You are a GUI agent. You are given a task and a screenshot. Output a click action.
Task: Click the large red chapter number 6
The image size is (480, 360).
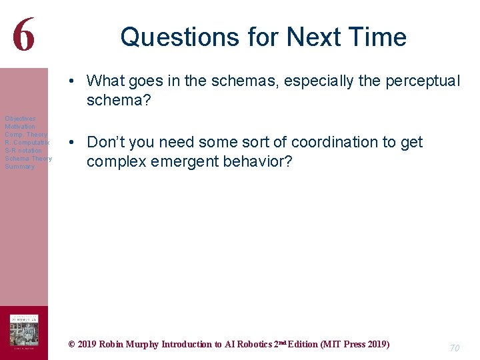pyautogui.click(x=23, y=35)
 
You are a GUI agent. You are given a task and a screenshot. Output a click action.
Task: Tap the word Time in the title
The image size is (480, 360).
pyautogui.click(x=377, y=37)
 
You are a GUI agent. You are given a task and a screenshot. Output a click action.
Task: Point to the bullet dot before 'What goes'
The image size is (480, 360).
pyautogui.click(x=78, y=81)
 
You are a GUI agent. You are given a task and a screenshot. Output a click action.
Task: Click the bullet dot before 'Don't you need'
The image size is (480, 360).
pyautogui.click(x=78, y=143)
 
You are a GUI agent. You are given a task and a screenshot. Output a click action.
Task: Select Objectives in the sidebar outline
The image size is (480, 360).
pyautogui.click(x=20, y=119)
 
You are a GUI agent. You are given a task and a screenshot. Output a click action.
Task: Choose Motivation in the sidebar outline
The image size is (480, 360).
pyautogui.click(x=20, y=127)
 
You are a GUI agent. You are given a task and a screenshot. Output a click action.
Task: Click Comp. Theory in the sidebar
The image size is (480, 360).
pyautogui.click(x=26, y=135)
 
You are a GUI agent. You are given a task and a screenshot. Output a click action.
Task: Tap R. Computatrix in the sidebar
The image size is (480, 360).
pyautogui.click(x=27, y=143)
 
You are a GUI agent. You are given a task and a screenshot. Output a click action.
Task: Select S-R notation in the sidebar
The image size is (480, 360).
pyautogui.click(x=23, y=151)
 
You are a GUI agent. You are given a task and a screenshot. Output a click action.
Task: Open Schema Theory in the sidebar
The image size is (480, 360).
pyautogui.click(x=28, y=159)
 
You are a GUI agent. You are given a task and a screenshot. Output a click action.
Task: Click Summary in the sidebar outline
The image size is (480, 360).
pyautogui.click(x=19, y=167)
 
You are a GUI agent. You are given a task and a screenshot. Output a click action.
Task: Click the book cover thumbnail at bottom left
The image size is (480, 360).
pyautogui.click(x=23, y=331)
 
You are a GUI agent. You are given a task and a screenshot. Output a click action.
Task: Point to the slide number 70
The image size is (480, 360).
pyautogui.click(x=454, y=347)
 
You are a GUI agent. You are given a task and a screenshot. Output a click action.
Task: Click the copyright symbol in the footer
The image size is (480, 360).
pyautogui.click(x=72, y=345)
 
